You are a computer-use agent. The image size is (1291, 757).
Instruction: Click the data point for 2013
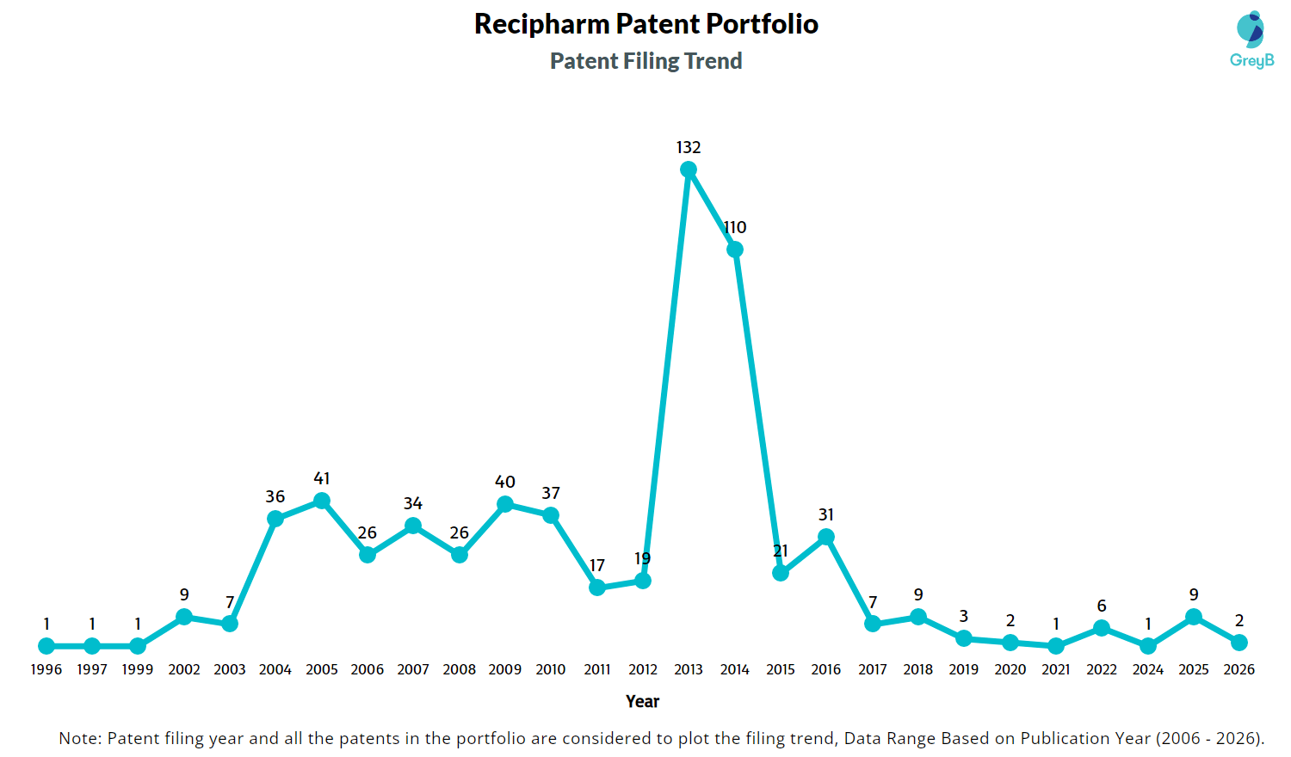pos(689,169)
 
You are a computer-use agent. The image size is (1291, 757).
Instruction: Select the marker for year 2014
pos(734,249)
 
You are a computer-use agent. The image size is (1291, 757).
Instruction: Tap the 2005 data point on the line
pos(322,501)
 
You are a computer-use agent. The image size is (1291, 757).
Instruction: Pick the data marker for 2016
pos(826,537)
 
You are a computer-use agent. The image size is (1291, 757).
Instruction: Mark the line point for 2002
pos(184,617)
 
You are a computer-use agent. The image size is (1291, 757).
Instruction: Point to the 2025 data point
pos(1194,617)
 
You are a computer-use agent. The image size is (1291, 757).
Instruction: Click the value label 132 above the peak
pos(689,147)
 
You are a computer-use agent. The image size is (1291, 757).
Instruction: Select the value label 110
pos(735,228)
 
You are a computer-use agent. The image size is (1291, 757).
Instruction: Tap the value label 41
pos(322,478)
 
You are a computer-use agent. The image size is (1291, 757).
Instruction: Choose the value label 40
pos(505,482)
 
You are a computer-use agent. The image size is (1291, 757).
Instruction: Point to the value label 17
pos(597,565)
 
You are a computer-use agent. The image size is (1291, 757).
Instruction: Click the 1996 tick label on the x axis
pos(46,669)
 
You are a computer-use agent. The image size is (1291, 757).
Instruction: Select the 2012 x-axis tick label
pos(643,669)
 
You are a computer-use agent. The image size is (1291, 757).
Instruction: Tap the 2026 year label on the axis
pos(1239,669)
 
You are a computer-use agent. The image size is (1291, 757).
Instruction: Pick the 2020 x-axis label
pos(1010,669)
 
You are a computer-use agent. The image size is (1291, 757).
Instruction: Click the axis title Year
pos(642,701)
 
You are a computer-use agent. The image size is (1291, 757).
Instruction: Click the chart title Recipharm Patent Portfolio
pos(646,24)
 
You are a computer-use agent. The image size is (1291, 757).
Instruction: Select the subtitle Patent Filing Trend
pos(646,61)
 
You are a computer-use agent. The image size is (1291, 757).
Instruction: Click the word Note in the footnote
pos(80,738)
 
